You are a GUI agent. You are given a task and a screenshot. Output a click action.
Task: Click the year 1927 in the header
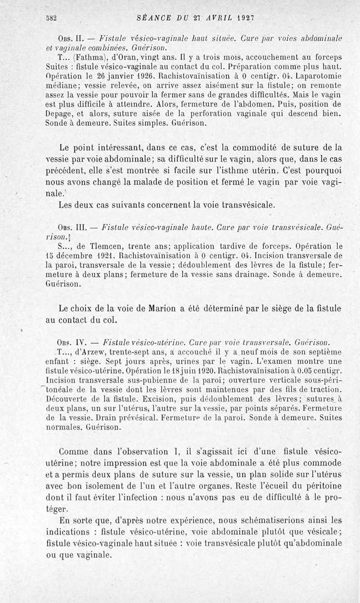point(246,18)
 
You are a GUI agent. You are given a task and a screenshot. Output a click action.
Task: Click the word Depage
point(59,114)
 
